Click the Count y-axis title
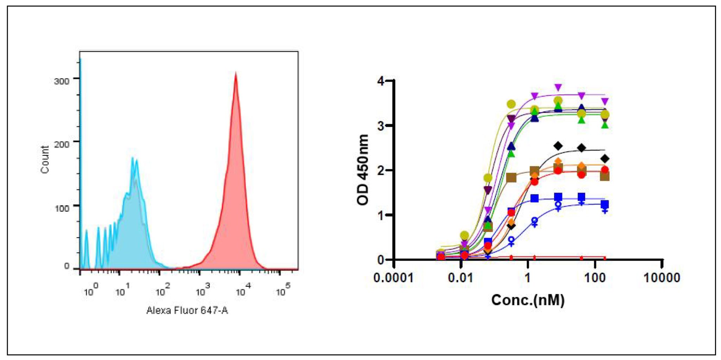45,159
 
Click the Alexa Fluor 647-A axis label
187,310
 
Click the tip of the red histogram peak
236,73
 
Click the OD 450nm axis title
363,170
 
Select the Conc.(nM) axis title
528,300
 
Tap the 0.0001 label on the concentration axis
393,278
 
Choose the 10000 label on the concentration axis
662,278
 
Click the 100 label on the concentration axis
595,278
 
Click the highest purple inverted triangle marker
558,87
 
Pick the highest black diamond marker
558,145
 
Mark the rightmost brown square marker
605,176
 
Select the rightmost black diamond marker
605,159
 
